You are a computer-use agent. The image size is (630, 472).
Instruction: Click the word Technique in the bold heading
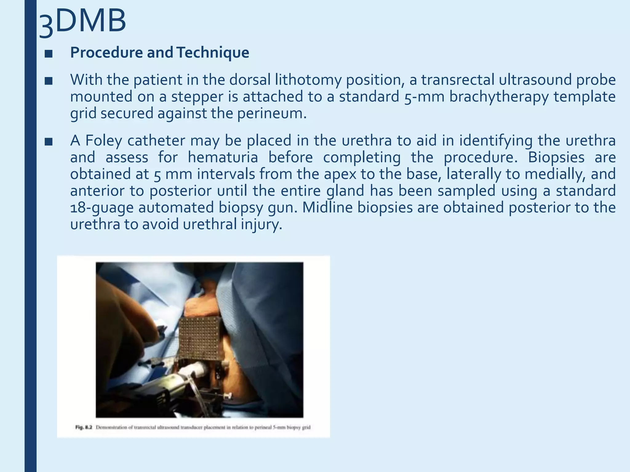click(213, 53)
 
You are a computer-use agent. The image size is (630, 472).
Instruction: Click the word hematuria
click(223, 157)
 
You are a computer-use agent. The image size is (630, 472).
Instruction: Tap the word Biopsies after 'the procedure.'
click(556, 157)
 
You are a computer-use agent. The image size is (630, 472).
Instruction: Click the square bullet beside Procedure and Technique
click(49, 54)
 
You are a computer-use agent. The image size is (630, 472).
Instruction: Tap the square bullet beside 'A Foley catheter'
click(49, 142)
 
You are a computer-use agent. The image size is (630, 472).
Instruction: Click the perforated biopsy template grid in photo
click(200, 338)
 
